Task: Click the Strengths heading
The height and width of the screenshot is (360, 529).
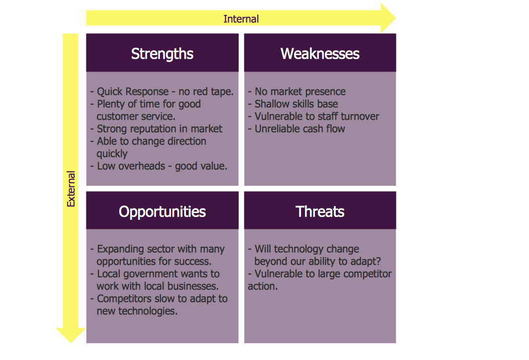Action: [x=162, y=54]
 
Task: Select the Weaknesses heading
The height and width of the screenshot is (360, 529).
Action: [x=320, y=54]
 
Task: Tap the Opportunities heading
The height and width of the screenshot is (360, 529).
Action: [x=162, y=212]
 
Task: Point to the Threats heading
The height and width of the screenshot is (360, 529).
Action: [x=320, y=212]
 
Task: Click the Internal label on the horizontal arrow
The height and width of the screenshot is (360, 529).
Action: [x=241, y=19]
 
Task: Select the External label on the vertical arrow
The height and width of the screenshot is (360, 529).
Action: [x=71, y=189]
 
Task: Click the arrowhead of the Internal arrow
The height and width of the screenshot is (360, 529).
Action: [x=388, y=18]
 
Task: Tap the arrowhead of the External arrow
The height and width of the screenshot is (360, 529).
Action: [x=71, y=335]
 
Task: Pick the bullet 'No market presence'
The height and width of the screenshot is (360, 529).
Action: [x=297, y=91]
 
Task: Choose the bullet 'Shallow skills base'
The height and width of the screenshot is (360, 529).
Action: [x=293, y=104]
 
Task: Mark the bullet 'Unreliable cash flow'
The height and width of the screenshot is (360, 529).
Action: [x=297, y=129]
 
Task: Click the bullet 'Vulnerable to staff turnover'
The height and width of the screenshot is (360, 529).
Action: [x=313, y=116]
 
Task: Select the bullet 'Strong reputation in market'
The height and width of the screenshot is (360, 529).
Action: [x=156, y=129]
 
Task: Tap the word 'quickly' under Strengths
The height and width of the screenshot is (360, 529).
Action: [x=112, y=154]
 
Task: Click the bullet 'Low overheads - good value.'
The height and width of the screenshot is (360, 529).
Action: [x=159, y=166]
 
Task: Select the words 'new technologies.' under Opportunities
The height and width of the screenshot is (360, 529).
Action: [x=137, y=311]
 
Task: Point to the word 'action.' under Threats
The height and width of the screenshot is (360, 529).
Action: [x=262, y=286]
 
